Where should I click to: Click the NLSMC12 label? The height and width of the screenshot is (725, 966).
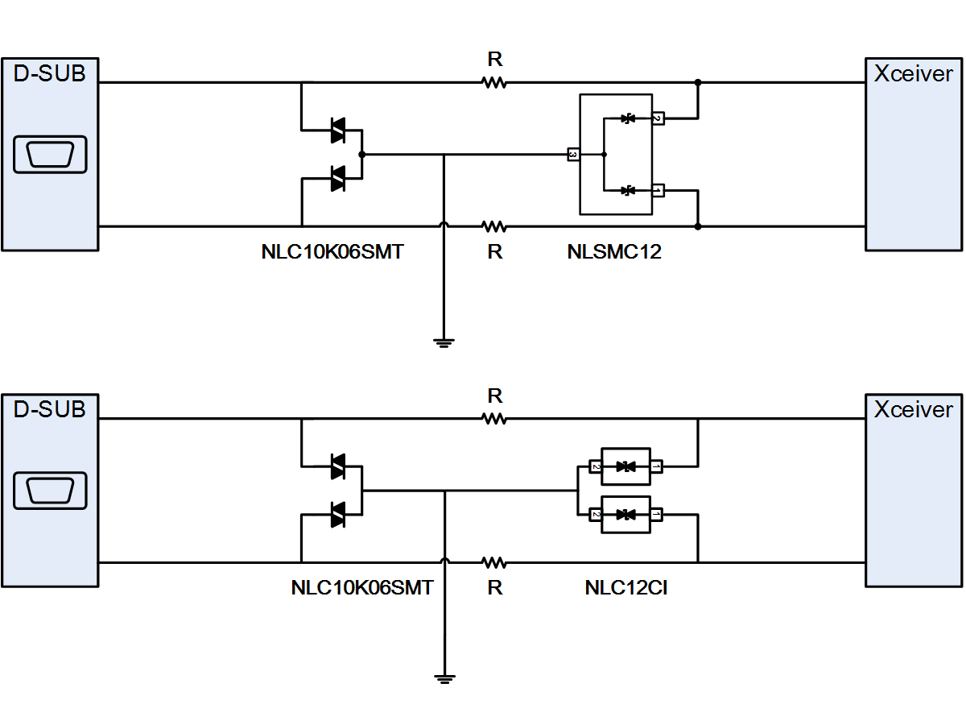614,252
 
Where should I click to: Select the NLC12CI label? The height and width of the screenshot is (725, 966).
625,588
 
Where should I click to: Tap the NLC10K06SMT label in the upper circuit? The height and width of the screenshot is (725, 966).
332,252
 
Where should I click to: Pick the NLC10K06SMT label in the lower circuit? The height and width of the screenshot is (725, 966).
362,588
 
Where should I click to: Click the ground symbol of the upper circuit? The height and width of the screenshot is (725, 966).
444,343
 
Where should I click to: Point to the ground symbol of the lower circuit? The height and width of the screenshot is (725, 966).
444,679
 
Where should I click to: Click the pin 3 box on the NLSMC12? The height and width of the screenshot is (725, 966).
573,155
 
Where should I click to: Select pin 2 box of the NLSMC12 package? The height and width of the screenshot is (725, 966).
658,118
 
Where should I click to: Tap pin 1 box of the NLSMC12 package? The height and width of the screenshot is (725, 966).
658,191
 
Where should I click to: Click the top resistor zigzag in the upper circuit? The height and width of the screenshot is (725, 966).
494,82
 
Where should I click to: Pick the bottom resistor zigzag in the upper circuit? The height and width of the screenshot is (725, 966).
494,226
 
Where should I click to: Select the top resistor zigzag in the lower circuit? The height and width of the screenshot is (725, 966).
494,419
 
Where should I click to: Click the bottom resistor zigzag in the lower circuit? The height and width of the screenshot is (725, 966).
494,562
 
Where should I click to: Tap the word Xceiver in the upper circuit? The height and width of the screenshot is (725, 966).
913,73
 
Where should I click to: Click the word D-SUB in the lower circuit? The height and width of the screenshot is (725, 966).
49,409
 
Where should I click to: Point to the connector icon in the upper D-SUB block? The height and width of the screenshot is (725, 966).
50,155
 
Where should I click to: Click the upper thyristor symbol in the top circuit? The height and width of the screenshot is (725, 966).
338,130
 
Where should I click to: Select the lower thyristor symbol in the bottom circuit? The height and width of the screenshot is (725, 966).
338,515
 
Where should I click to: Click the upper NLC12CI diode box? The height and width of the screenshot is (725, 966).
625,466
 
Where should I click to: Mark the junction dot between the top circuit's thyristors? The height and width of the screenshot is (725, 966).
361,155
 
